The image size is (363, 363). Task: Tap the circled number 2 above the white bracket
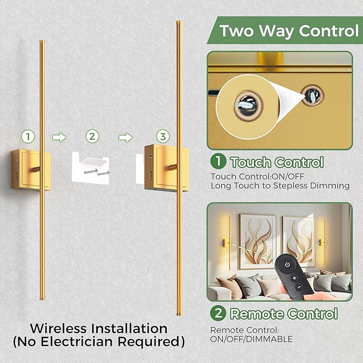tap(93, 136)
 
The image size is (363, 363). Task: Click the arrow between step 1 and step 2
tap(59, 137)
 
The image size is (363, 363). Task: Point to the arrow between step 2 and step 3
tap(125, 137)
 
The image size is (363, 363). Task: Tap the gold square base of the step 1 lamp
tap(30, 171)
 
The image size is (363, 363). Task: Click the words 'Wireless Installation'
tap(98, 328)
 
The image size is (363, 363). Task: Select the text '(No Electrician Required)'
tap(98, 341)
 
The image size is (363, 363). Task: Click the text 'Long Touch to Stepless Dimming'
tap(280, 186)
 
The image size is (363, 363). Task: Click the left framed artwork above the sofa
tap(258, 238)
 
